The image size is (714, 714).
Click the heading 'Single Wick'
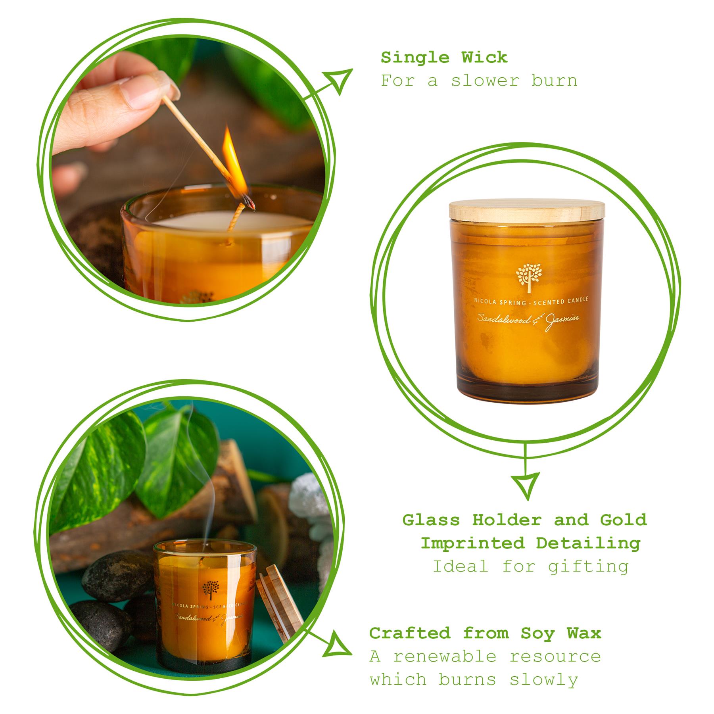coord(444,58)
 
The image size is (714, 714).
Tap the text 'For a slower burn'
coord(479,81)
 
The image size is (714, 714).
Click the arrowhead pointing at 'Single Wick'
coord(339,80)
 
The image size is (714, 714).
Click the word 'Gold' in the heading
coord(623,520)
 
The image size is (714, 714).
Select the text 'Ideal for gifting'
coord(530,566)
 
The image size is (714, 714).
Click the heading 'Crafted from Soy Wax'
coord(485,633)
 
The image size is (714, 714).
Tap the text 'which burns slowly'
coord(474,679)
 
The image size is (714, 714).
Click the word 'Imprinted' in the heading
coord(472,543)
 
